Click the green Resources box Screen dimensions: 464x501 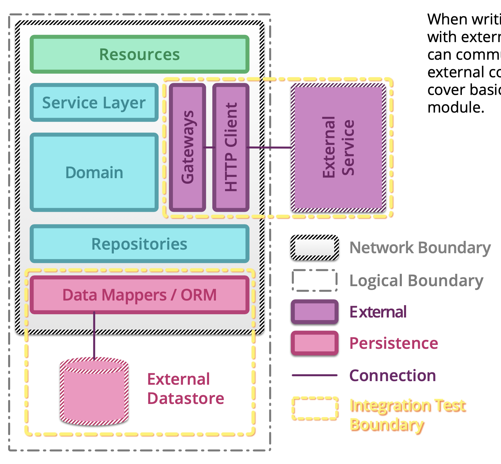(140, 54)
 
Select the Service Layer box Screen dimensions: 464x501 (94, 103)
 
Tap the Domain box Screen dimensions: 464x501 (94, 172)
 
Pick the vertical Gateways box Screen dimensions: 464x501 (187, 147)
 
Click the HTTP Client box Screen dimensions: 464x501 (231, 147)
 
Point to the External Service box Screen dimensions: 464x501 (338, 147)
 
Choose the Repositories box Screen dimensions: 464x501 (140, 244)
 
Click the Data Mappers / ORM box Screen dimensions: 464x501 (140, 295)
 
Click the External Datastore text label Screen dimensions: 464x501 (185, 389)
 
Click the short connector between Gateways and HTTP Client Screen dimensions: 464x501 (209, 147)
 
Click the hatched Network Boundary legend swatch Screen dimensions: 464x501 (314, 248)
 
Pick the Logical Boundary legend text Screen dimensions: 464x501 (416, 281)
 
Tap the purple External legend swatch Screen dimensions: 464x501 (314, 312)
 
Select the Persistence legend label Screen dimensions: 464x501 (394, 343)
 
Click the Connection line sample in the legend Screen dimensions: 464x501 (314, 375)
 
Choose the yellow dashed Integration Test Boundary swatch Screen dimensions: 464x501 (314, 408)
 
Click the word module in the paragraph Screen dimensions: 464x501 (455, 107)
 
